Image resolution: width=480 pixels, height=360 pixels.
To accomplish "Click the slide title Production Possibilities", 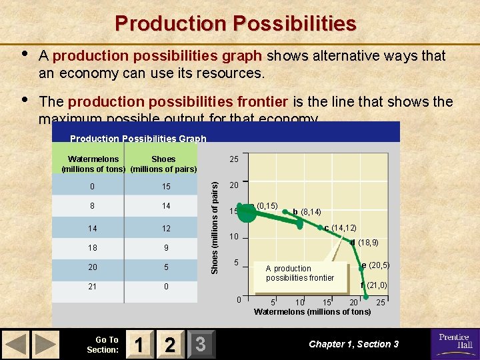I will tap(235, 24).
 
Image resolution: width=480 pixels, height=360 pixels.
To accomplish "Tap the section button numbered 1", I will tap(139, 344).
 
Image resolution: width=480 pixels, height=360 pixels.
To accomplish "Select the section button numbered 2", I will tap(170, 344).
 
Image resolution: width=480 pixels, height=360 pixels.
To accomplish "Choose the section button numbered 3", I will tap(200, 344).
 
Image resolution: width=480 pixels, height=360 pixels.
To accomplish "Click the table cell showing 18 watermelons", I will tap(93, 248).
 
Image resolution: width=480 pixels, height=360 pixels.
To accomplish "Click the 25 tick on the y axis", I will tap(234, 159).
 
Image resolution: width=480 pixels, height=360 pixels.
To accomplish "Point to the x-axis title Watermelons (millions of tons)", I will tap(312, 312).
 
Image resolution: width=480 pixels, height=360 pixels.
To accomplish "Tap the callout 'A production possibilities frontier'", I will tap(299, 273).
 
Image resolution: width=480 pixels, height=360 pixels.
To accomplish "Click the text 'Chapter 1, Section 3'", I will tap(353, 344).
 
